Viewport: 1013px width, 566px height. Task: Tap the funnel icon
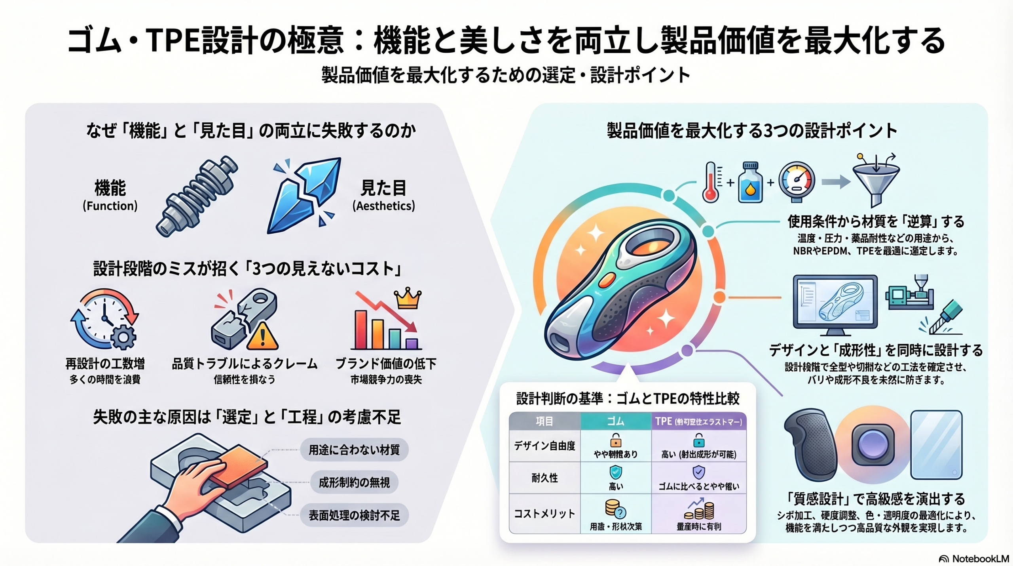[876, 182]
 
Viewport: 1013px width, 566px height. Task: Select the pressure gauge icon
[796, 182]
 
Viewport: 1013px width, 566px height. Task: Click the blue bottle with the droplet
[750, 183]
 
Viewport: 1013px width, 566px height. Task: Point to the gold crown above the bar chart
[408, 298]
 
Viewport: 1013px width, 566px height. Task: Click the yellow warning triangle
[262, 337]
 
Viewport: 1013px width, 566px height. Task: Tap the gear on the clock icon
[123, 337]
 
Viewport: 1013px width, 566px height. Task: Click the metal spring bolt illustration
[197, 196]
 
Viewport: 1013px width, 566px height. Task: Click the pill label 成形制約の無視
[354, 482]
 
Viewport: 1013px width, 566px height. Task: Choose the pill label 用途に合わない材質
[354, 450]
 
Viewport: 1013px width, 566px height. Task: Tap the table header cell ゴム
[615, 421]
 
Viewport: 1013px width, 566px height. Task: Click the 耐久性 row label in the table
[544, 478]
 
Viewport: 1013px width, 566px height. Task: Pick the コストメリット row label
[544, 514]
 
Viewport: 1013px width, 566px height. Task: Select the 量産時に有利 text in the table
[699, 526]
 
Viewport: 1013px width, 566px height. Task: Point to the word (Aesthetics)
[383, 206]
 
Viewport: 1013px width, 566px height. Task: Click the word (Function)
[110, 206]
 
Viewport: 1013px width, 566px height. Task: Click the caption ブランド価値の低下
[386, 363]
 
